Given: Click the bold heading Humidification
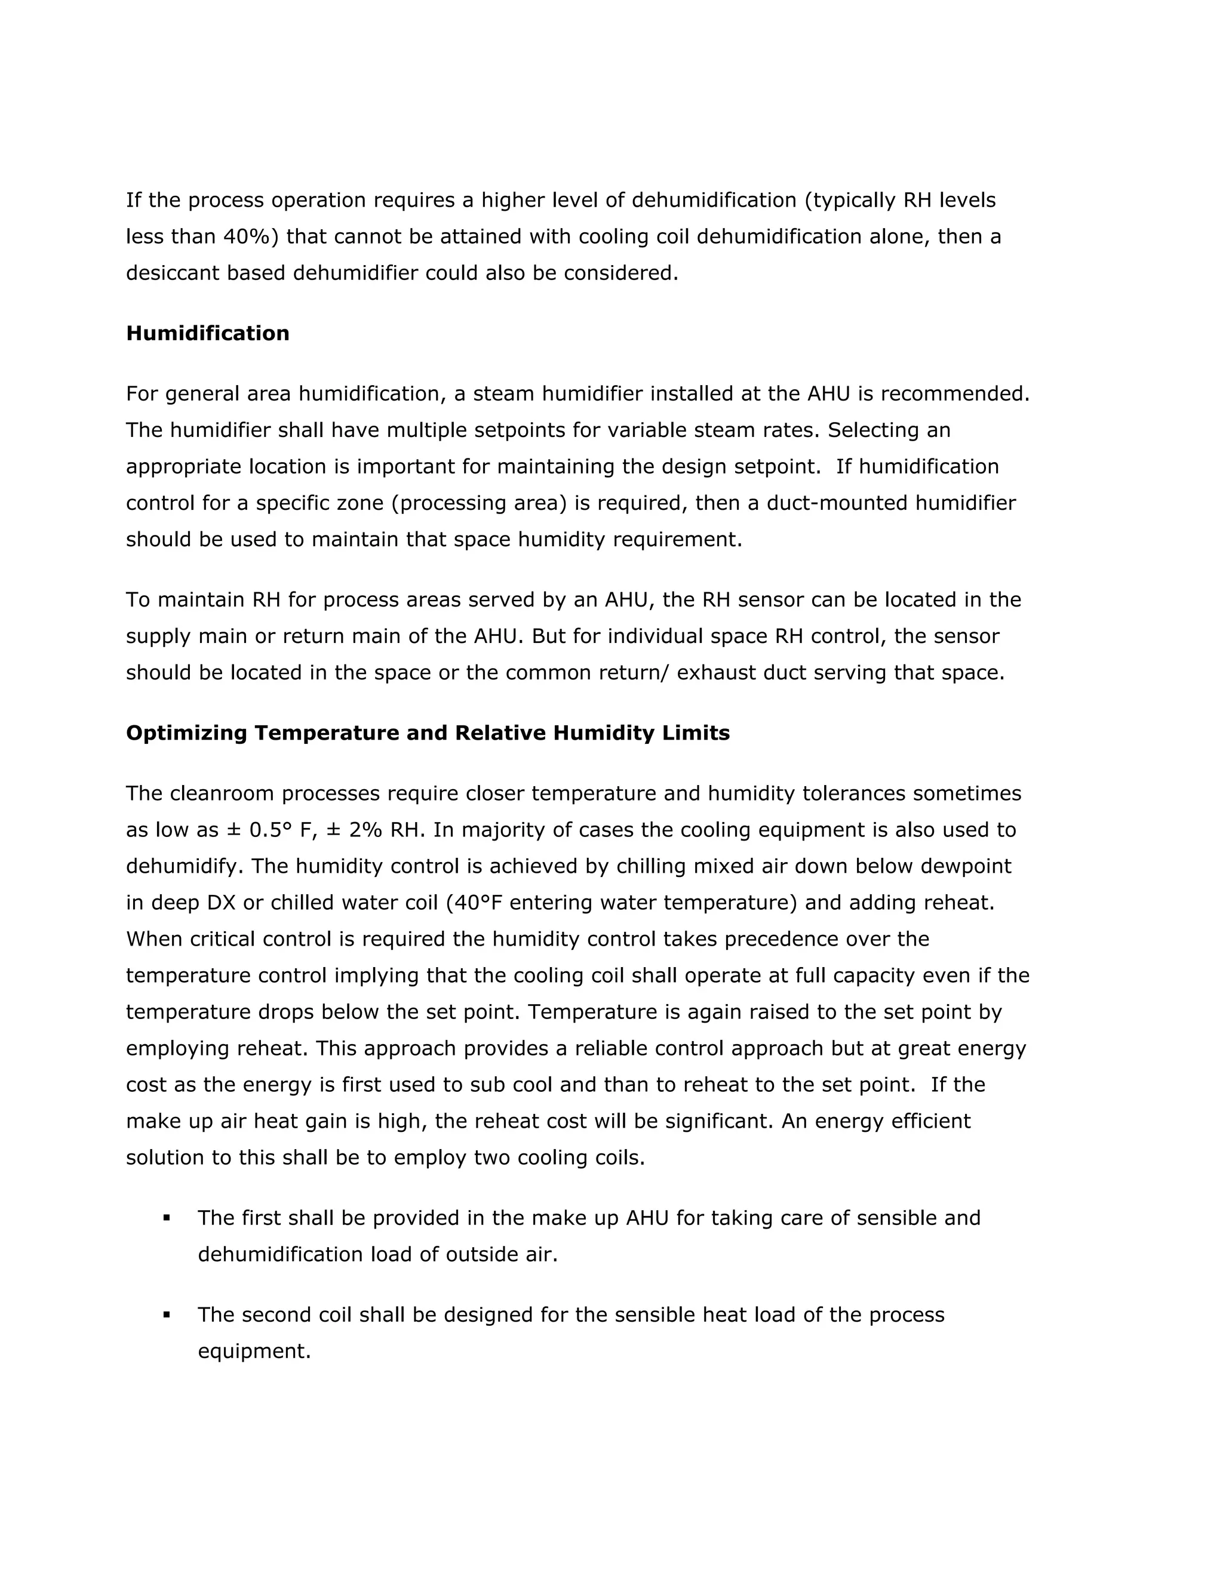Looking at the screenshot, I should pyautogui.click(x=207, y=333).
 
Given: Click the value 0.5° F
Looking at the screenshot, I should pyautogui.click(x=279, y=830).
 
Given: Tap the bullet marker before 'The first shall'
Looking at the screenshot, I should pyautogui.click(x=167, y=1218).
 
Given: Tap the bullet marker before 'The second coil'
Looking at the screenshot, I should pyautogui.click(x=167, y=1315).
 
